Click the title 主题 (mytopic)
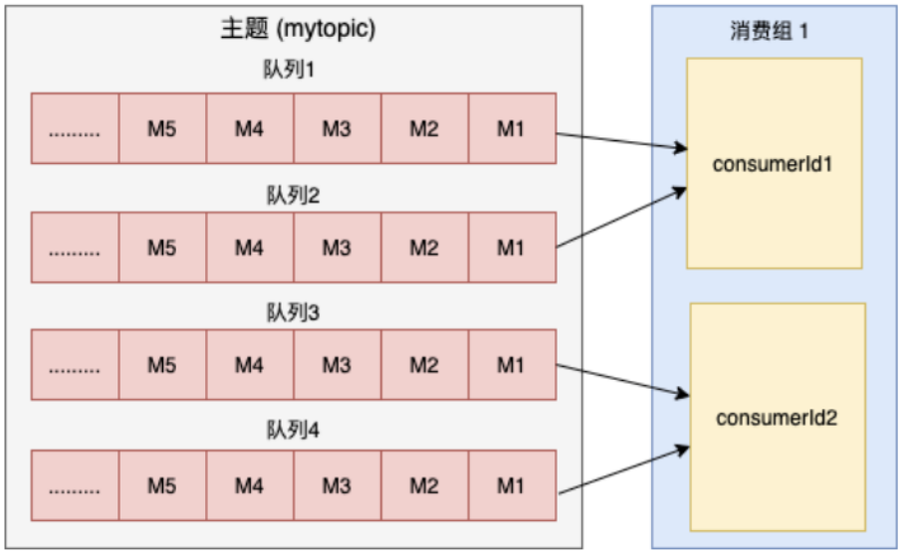pos(297,30)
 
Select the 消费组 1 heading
pos(769,30)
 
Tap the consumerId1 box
pos(774,163)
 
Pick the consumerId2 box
pos(778,417)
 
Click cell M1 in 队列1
pos(511,128)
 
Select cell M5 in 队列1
pos(162,128)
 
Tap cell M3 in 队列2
pos(337,248)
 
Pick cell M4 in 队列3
pos(249,365)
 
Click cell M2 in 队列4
pos(423,485)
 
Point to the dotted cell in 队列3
pos(75,365)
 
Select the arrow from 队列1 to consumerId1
pos(622,140)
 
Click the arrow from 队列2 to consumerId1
pos(622,218)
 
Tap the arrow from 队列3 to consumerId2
pos(622,379)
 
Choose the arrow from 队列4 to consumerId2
pos(622,468)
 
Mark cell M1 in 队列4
pos(511,485)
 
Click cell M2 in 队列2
pos(423,248)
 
